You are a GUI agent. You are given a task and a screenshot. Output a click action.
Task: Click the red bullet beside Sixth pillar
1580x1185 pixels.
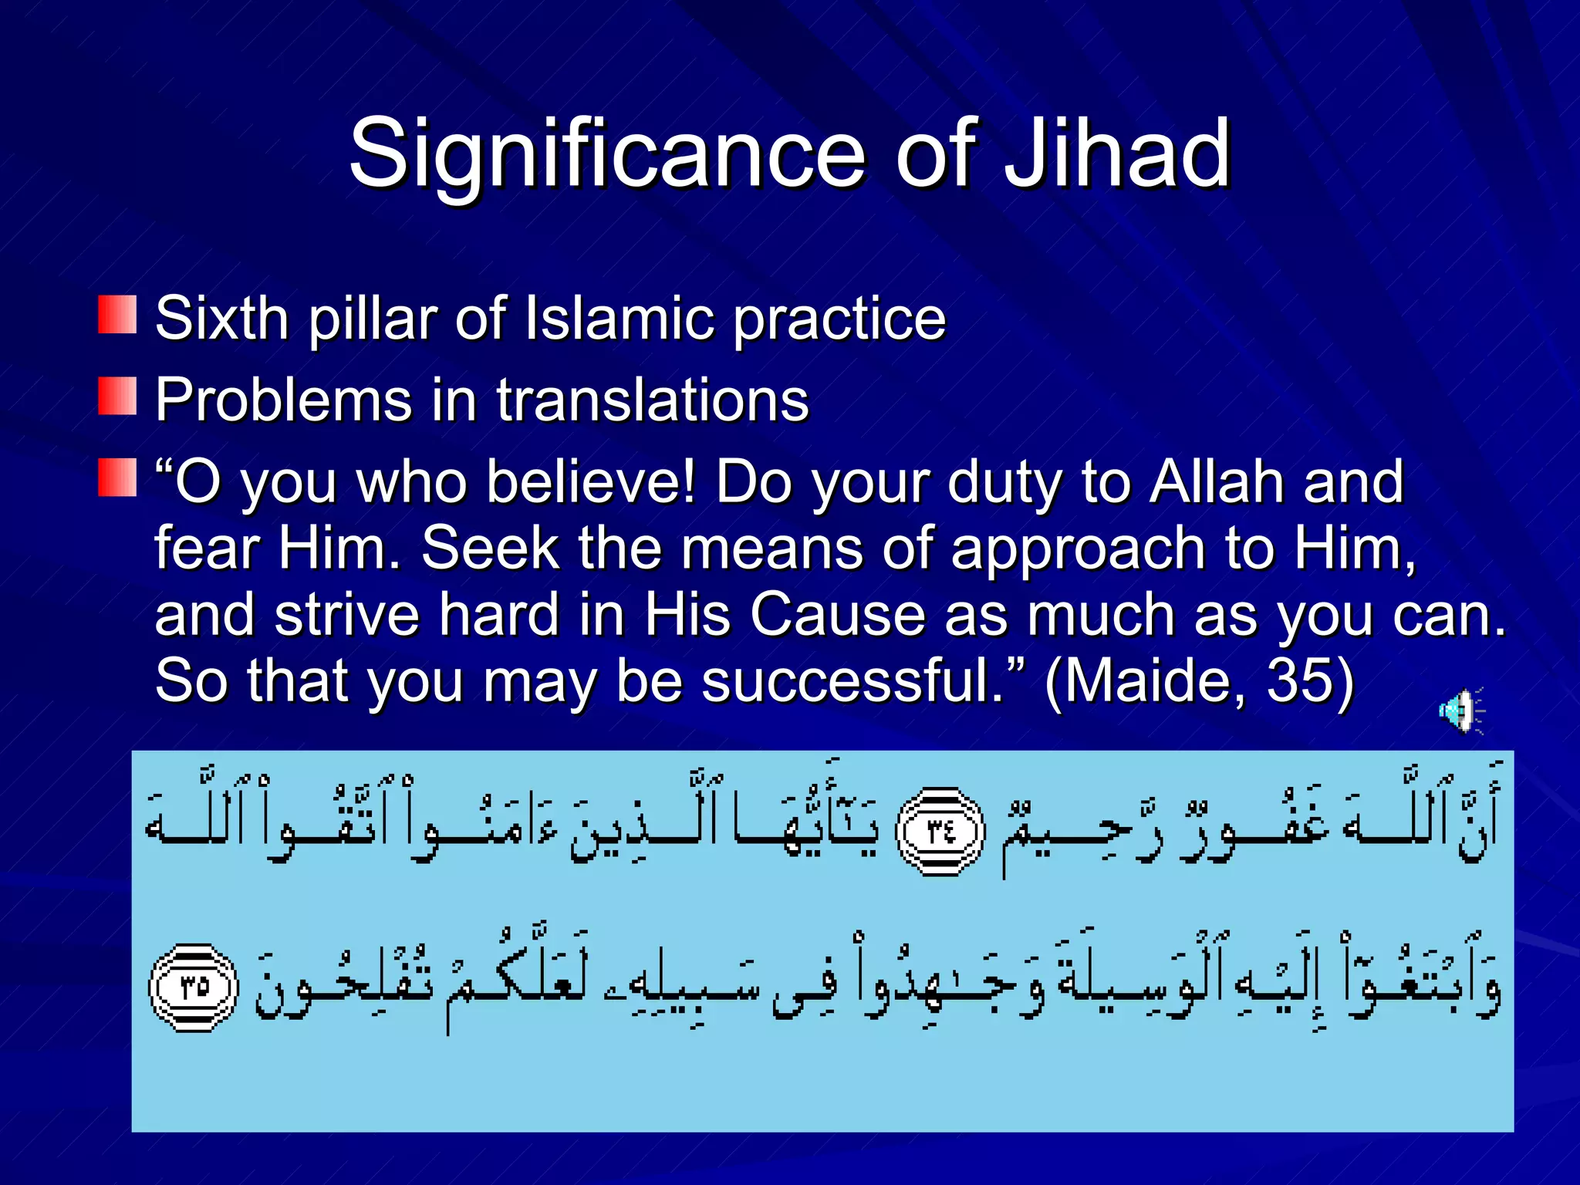[117, 315]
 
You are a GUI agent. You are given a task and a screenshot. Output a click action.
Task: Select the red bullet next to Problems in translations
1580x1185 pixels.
[117, 396]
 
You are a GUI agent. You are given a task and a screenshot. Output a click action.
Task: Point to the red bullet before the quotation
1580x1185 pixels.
[117, 477]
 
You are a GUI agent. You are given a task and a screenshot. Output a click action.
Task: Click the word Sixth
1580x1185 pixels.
[221, 318]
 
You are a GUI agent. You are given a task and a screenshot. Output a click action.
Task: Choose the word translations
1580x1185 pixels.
[653, 400]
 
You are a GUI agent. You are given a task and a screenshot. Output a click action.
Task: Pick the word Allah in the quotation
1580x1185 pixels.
[1217, 482]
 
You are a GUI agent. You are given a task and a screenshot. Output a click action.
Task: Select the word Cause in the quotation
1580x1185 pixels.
[837, 615]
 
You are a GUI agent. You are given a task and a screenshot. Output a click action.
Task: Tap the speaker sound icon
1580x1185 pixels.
[1460, 711]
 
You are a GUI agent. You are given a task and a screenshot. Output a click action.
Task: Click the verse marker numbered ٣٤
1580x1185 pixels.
[940, 832]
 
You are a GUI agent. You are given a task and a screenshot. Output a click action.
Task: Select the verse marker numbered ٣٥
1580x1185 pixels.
[194, 987]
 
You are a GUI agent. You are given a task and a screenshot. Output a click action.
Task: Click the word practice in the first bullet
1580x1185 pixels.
[839, 318]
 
